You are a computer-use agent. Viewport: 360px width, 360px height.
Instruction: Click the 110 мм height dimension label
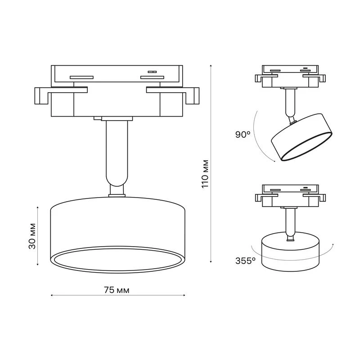pos(205,174)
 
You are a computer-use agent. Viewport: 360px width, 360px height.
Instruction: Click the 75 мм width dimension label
pos(117,290)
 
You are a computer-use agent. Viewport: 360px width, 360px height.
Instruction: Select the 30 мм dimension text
pos(32,236)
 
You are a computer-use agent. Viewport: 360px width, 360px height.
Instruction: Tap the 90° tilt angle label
pos(243,135)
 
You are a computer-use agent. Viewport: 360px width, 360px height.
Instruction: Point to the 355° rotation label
pos(245,261)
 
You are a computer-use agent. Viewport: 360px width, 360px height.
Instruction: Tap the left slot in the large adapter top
pos(81,77)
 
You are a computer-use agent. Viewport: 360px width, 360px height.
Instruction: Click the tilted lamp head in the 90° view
pos(301,137)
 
